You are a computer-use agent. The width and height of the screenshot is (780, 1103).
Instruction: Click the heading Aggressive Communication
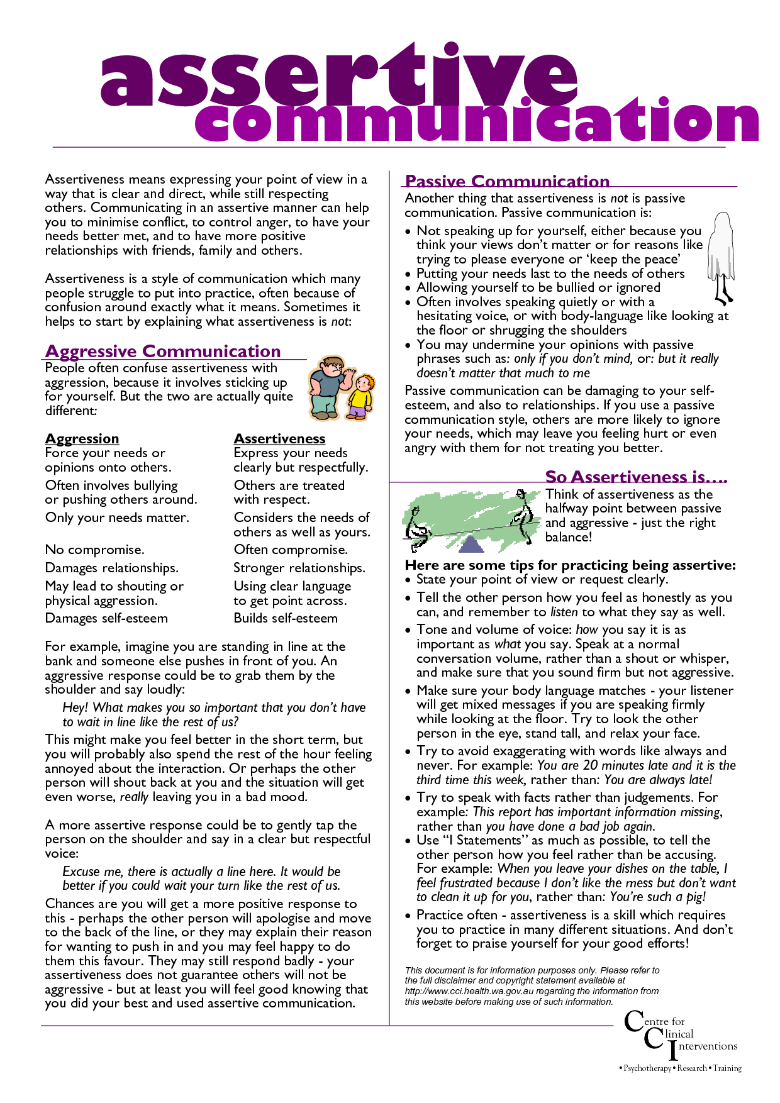pos(163,351)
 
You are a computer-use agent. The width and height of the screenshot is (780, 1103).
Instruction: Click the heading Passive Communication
pos(507,181)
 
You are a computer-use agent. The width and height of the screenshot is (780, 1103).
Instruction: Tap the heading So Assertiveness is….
pos(635,477)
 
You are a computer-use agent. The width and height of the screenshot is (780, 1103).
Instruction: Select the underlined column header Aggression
pos(82,438)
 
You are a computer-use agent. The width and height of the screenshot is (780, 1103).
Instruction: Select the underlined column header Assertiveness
pos(279,438)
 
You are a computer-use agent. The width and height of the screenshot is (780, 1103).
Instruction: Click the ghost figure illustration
pos(721,255)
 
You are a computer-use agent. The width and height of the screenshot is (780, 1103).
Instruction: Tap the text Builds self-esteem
pos(286,618)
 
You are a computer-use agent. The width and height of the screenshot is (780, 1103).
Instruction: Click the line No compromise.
pos(94,550)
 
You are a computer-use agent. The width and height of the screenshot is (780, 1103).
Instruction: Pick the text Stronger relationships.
pos(299,568)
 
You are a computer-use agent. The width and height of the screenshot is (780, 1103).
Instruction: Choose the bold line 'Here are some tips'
pos(570,565)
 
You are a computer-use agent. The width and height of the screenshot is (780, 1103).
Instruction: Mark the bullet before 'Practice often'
pos(409,916)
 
